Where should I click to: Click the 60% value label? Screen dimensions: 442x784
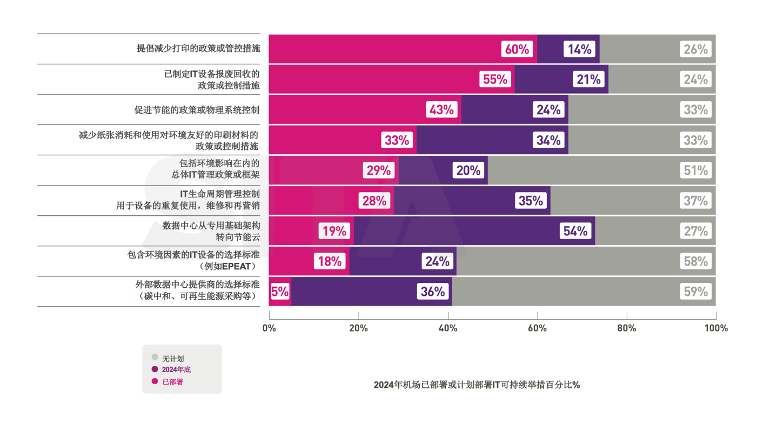pos(517,49)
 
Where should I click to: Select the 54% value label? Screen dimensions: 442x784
pos(575,232)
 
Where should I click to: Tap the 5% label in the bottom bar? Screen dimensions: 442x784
pos(279,292)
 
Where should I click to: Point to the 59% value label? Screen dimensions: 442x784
pos(695,292)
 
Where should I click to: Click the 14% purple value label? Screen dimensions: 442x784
pos(579,49)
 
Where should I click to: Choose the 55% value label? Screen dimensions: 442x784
pos(495,80)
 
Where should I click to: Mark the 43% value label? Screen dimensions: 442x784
pos(441,110)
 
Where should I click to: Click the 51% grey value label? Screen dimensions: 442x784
pos(695,171)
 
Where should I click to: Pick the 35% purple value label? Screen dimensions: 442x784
pos(530,201)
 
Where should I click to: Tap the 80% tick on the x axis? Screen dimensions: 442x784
pos(627,328)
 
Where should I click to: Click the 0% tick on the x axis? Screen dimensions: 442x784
pos(269,328)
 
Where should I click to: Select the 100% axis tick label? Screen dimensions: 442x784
pos(716,328)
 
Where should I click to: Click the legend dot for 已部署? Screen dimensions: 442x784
pos(155,381)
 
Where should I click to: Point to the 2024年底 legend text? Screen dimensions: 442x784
pos(177,370)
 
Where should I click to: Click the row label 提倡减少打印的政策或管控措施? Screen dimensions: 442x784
pos(198,49)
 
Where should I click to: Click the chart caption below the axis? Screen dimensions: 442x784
pos(477,385)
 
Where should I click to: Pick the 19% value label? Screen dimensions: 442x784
pos(334,232)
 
